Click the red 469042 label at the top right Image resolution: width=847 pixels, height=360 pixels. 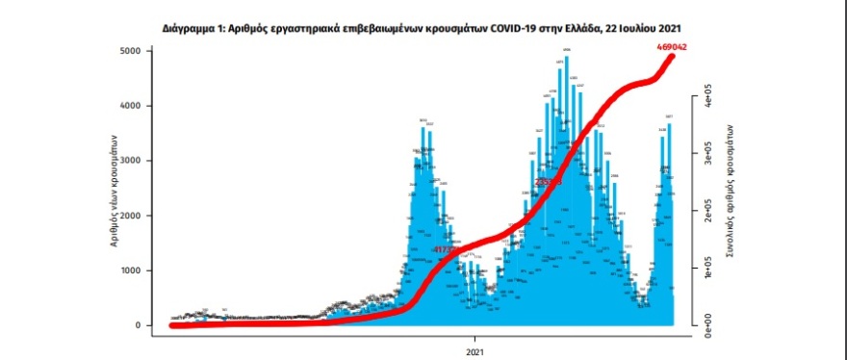(653, 46)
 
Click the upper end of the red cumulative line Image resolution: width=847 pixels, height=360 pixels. (671, 56)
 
